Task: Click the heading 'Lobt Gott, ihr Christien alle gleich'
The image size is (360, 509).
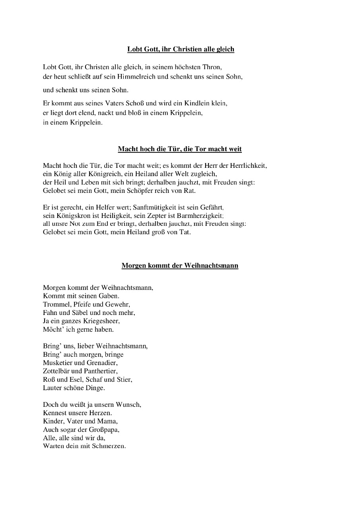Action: [181, 49]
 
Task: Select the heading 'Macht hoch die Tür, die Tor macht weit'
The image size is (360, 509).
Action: [180, 149]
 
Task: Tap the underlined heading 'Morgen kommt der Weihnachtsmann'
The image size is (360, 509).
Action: [180, 266]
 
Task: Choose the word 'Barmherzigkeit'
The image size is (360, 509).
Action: [202, 216]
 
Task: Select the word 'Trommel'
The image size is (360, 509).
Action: [54, 304]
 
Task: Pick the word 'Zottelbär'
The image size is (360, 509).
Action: [56, 371]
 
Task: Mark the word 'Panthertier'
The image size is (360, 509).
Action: [101, 371]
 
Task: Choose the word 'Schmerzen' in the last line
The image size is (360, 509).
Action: [109, 446]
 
